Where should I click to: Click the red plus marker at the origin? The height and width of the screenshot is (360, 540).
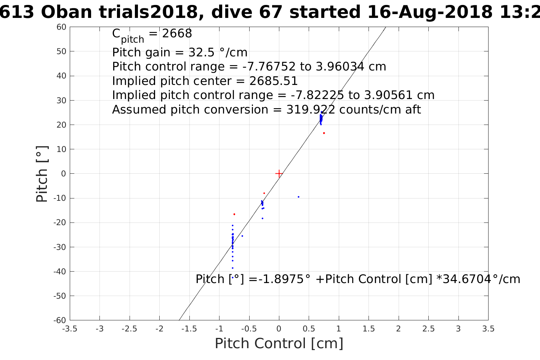pos(279,174)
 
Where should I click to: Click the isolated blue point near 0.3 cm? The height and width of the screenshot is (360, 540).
pos(298,197)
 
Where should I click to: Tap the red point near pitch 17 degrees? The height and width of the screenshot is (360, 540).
pos(324,133)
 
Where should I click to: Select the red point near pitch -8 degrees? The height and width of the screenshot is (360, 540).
pos(264,193)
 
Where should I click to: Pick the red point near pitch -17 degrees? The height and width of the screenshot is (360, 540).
pos(234,214)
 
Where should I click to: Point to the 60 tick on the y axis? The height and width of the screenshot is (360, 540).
pos(62,27)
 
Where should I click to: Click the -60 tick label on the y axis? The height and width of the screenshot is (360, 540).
pos(60,320)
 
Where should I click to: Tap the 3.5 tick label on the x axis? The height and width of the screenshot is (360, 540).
pos(488,329)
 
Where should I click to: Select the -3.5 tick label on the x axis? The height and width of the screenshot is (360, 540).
pos(69,329)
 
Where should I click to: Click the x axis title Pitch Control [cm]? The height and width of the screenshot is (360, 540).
pos(279,344)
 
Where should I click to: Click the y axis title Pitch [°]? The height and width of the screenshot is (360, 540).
pos(42,174)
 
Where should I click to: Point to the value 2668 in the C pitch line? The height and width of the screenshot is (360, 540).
pos(177,34)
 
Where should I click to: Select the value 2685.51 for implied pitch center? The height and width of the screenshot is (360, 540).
pos(274,81)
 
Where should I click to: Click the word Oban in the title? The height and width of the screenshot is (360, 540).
pos(66,13)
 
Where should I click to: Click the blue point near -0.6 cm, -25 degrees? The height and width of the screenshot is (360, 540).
pos(242,236)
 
